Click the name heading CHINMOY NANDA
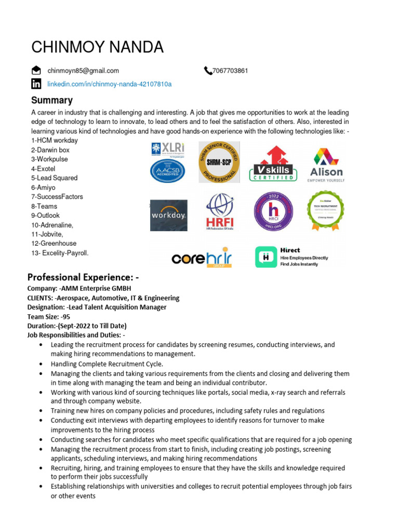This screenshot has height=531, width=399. (x=97, y=47)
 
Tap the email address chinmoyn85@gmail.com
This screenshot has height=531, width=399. (x=83, y=71)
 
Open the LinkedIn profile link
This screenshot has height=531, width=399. (x=110, y=84)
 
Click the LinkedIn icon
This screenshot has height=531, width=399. (x=36, y=84)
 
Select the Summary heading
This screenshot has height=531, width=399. (x=52, y=100)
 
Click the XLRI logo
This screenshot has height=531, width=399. (x=168, y=149)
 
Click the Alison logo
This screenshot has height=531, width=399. (x=326, y=165)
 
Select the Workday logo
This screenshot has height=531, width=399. (x=169, y=215)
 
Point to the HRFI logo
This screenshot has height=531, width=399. (x=220, y=212)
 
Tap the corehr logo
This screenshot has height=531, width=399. (x=201, y=257)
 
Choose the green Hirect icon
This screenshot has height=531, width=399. (x=265, y=257)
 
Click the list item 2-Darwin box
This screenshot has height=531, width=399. (x=50, y=150)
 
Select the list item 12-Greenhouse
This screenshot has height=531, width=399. (x=54, y=243)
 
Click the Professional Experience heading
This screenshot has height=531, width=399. (x=83, y=277)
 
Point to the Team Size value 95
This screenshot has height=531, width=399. (x=65, y=316)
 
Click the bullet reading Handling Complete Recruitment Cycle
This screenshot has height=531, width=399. (x=107, y=364)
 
